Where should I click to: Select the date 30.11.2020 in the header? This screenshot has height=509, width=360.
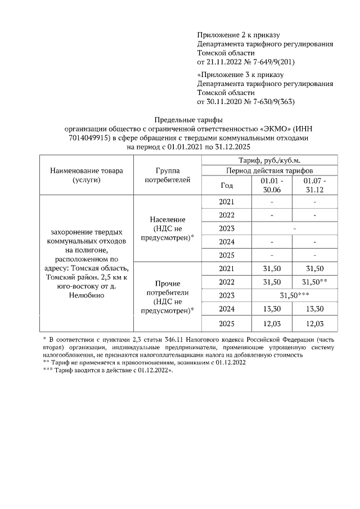tap(227, 102)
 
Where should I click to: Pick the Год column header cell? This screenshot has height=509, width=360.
tap(226, 185)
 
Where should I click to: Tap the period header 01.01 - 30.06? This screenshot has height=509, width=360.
tap(272, 185)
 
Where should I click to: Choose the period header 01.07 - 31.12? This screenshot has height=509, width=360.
tap(314, 185)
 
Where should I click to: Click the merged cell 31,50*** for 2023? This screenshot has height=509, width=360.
tap(293, 295)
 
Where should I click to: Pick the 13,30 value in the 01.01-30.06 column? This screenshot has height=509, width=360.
tap(272, 309)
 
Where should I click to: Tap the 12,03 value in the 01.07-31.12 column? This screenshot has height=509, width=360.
tap(314, 325)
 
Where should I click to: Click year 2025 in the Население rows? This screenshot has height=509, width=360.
tap(226, 255)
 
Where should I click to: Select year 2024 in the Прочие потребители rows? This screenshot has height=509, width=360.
tap(226, 309)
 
